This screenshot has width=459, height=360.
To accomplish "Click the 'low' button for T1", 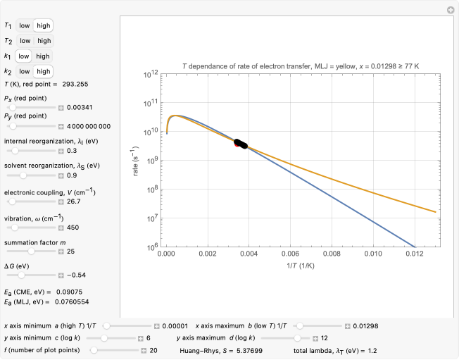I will [x=24, y=25].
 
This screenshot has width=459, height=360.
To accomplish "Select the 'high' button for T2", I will [x=44, y=40].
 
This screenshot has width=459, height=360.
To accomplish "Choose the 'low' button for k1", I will [x=24, y=56].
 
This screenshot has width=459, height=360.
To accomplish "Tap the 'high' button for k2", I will [x=43, y=71].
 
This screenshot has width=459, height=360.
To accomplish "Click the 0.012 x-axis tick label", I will [x=414, y=254].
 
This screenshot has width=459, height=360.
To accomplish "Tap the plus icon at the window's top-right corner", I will [x=451, y=10].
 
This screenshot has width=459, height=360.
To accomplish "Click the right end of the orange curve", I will [x=436, y=211].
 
